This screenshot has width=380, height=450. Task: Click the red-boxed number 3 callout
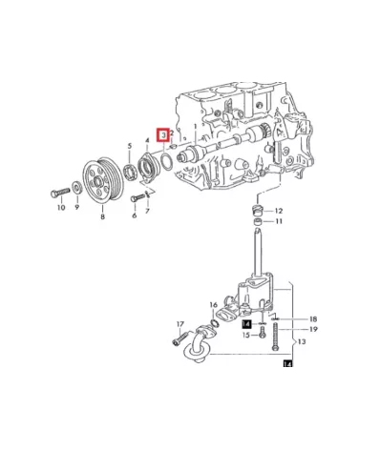point(163,135)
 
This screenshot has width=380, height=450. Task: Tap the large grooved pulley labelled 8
point(102,178)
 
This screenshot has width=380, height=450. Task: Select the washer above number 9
point(76,188)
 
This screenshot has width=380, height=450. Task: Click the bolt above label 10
point(60,193)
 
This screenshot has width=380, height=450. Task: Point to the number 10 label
point(61,208)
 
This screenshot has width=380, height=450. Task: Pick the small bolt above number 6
point(137,198)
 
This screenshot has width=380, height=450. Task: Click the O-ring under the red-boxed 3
point(166,160)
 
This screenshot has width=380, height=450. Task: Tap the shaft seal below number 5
point(130,172)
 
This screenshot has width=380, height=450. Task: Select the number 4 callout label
point(147,140)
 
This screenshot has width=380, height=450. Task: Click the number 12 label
point(279,211)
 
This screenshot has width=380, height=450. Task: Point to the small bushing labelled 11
point(258,221)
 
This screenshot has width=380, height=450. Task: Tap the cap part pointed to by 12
point(256,211)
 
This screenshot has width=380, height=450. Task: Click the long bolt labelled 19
point(275,337)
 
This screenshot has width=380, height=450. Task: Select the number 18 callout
point(313,319)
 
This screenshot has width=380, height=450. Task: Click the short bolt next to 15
point(262,334)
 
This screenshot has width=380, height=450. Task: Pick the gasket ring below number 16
point(214,323)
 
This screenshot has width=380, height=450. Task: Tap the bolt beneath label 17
point(179,338)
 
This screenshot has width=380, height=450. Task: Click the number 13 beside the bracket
point(302,341)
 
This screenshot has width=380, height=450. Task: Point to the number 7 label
point(147,211)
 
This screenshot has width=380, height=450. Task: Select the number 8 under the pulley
point(102,217)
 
